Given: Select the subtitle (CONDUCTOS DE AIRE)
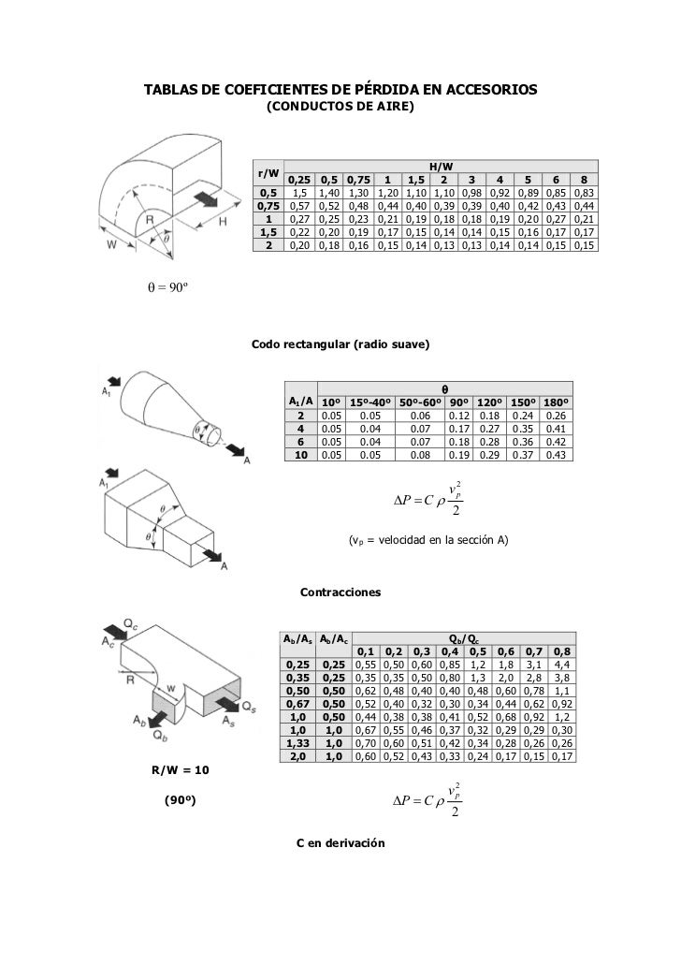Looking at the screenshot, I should tap(340, 108).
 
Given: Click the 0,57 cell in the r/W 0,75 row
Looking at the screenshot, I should tap(299, 207).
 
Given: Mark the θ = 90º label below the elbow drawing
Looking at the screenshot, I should tap(165, 286).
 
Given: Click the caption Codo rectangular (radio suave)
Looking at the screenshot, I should tap(340, 345).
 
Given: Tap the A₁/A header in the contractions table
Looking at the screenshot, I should tap(299, 402).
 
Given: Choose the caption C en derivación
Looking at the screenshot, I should tap(340, 843).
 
